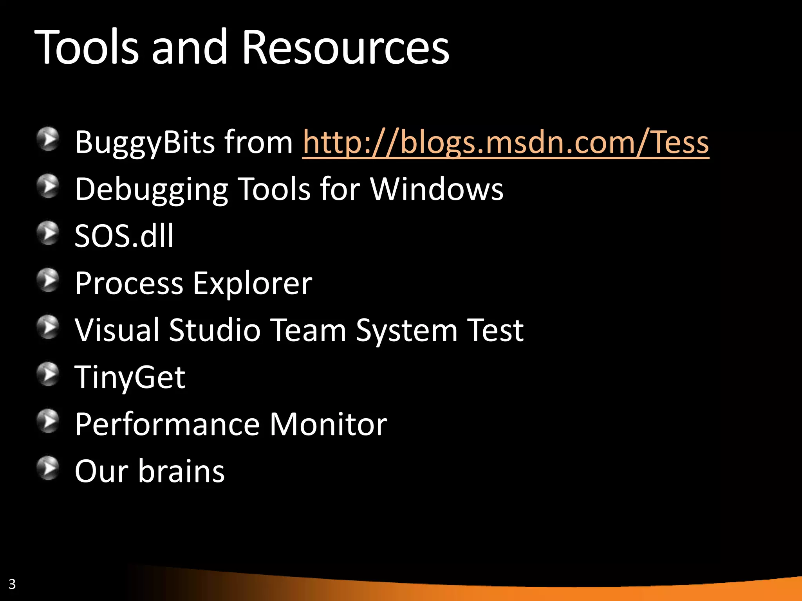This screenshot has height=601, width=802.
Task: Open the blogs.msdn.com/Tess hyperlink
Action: (x=505, y=142)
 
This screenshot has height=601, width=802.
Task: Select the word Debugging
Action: (x=151, y=190)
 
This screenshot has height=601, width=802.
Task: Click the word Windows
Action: (x=437, y=189)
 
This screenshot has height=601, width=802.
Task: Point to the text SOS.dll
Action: (x=124, y=236)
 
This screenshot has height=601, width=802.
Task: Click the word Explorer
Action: (x=253, y=284)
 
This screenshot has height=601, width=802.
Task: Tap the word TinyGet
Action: (x=130, y=378)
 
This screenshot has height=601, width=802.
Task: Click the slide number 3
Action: (x=12, y=584)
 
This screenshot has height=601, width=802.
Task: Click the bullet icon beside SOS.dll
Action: (x=48, y=233)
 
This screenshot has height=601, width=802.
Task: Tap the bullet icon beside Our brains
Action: (x=48, y=468)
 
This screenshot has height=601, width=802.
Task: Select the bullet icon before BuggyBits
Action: (x=48, y=139)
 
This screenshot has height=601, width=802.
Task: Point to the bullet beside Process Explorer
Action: (x=48, y=280)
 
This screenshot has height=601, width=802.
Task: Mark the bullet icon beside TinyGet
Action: (x=48, y=374)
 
